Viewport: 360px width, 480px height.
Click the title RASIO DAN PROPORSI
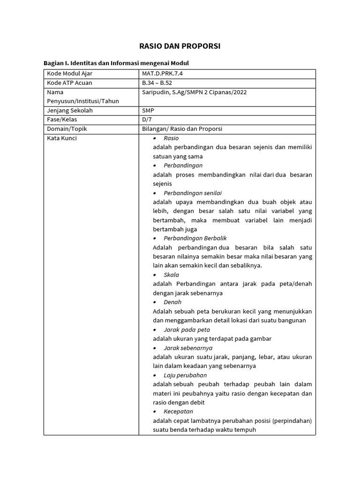pos(180,46)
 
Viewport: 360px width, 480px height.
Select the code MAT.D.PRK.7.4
pos(165,74)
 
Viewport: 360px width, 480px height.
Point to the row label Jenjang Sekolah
pos(70,111)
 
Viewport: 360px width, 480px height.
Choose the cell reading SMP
pos(148,111)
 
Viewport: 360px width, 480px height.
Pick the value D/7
pos(147,120)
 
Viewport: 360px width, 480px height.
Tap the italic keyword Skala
pos(172,275)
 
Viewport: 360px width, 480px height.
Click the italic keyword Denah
pos(172,302)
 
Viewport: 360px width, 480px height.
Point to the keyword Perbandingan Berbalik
pos(195,238)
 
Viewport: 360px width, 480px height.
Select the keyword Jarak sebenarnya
pos(188,348)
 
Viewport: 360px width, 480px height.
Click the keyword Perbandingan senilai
pos(193,193)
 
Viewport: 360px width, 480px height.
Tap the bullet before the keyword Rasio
pos(155,138)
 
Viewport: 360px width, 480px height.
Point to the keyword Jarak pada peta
pos(187,330)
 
